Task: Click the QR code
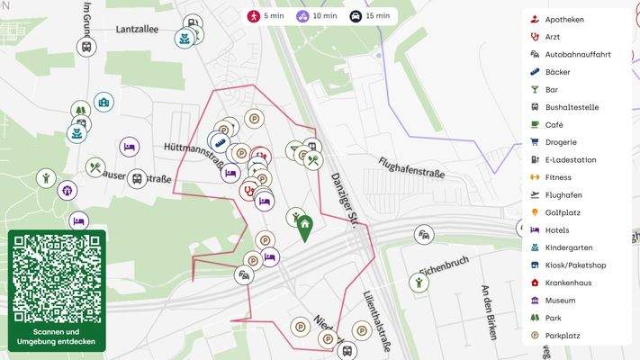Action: pyautogui.click(x=57, y=280)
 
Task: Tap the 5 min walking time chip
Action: pyautogui.click(x=266, y=16)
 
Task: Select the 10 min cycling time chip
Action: pyautogui.click(x=317, y=16)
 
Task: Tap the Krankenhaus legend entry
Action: pyautogui.click(x=568, y=283)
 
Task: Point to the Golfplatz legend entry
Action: pyautogui.click(x=563, y=212)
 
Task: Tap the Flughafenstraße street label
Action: pyautogui.click(x=411, y=166)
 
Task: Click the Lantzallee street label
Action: pyautogui.click(x=137, y=29)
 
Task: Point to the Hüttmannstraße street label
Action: pyautogui.click(x=194, y=154)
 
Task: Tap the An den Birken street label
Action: pyautogui.click(x=489, y=311)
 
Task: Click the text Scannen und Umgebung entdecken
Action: pyautogui.click(x=57, y=337)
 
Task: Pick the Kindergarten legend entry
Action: pyautogui.click(x=569, y=247)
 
